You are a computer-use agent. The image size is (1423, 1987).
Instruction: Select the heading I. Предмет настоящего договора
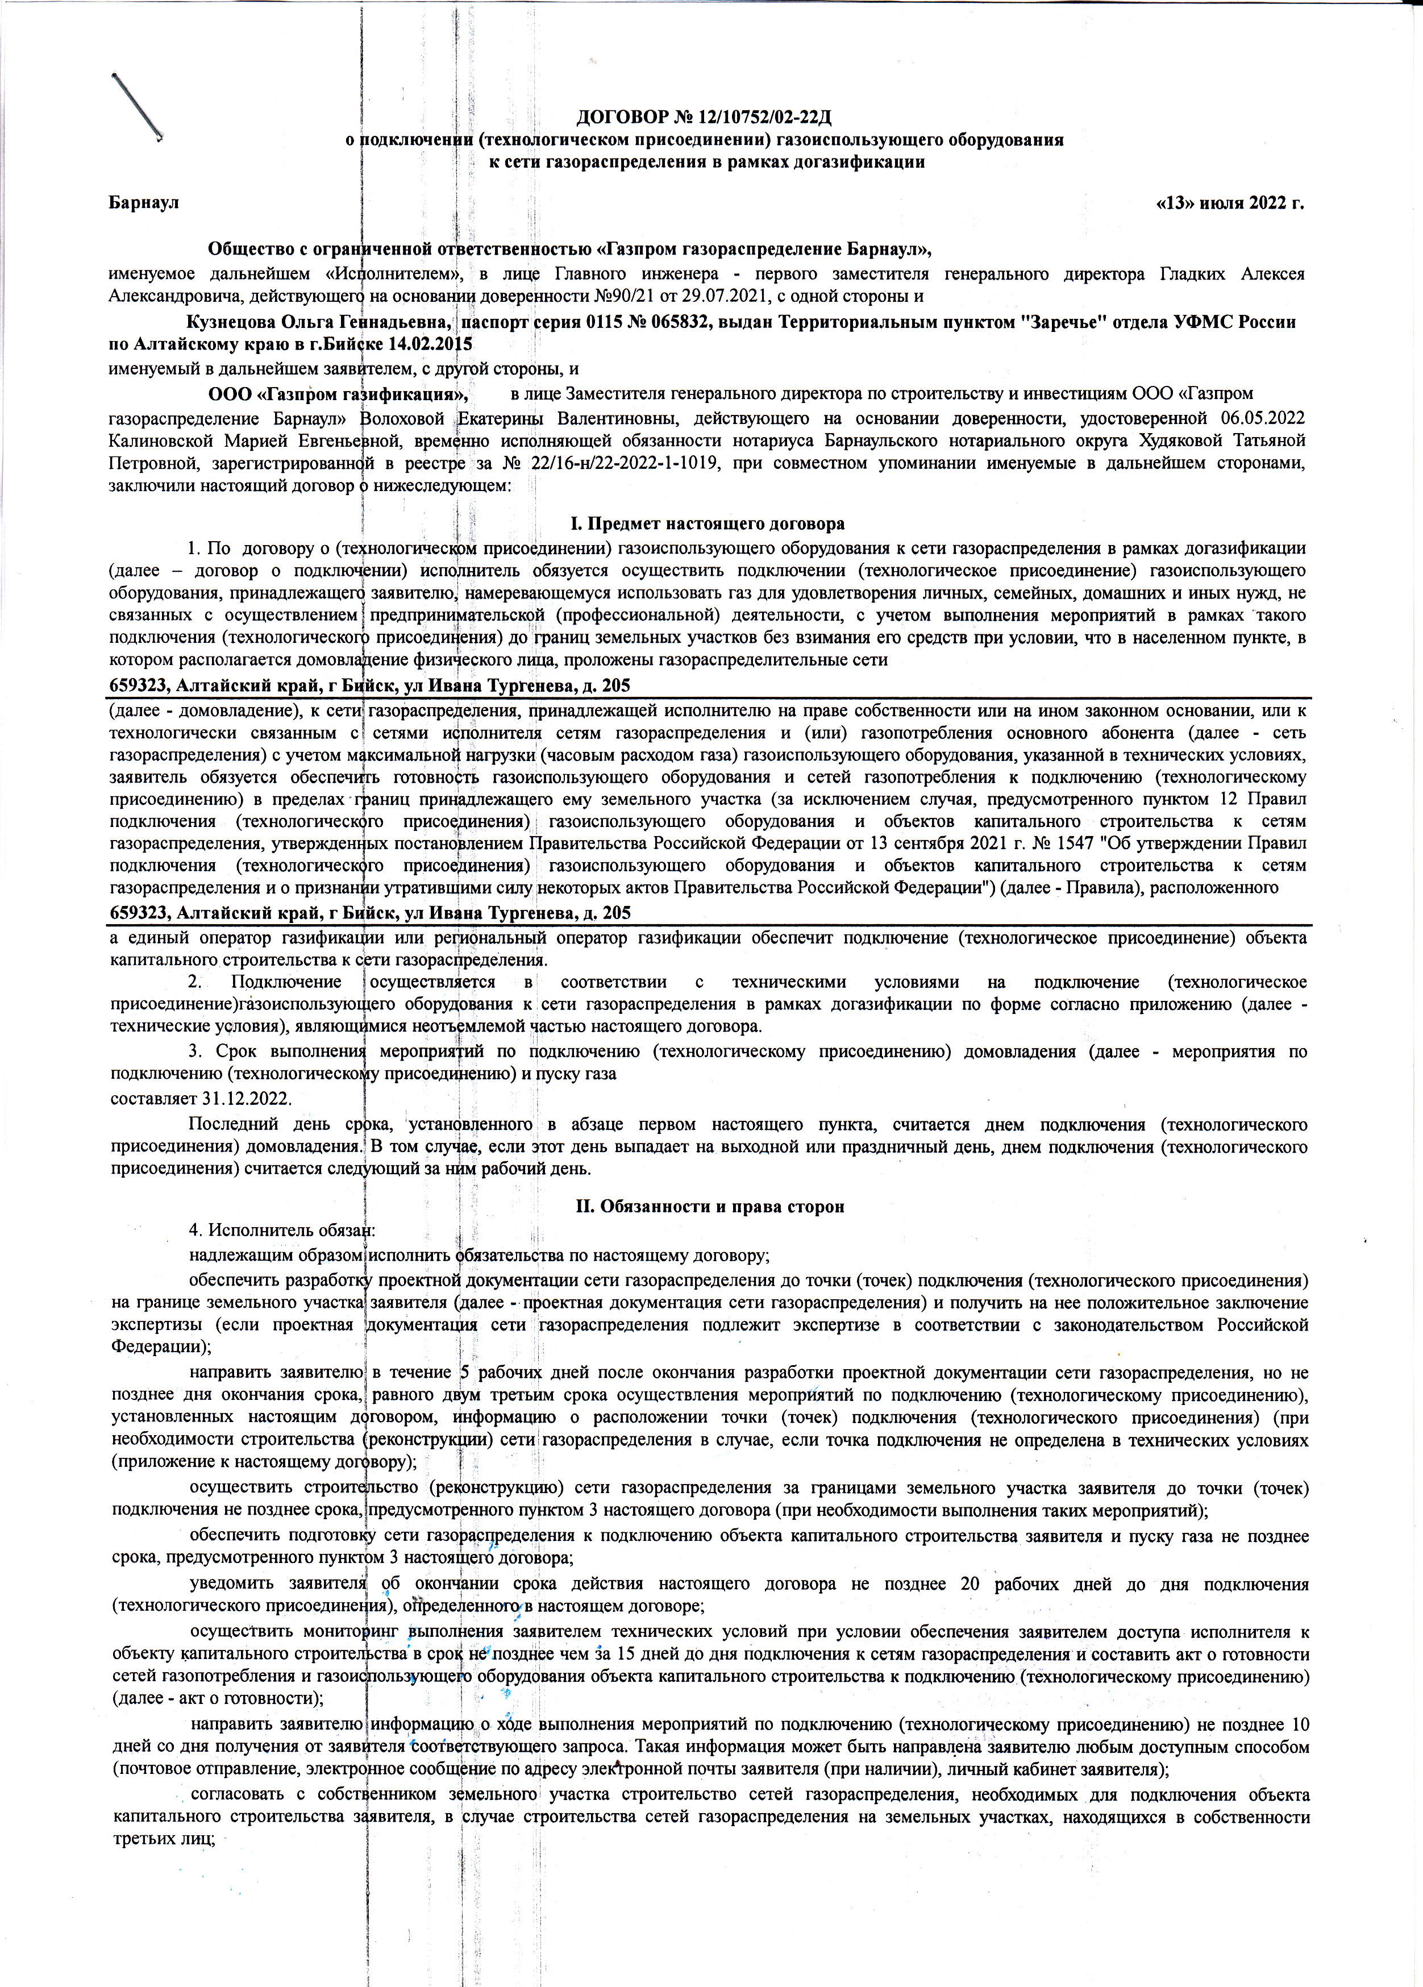pyautogui.click(x=708, y=524)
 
